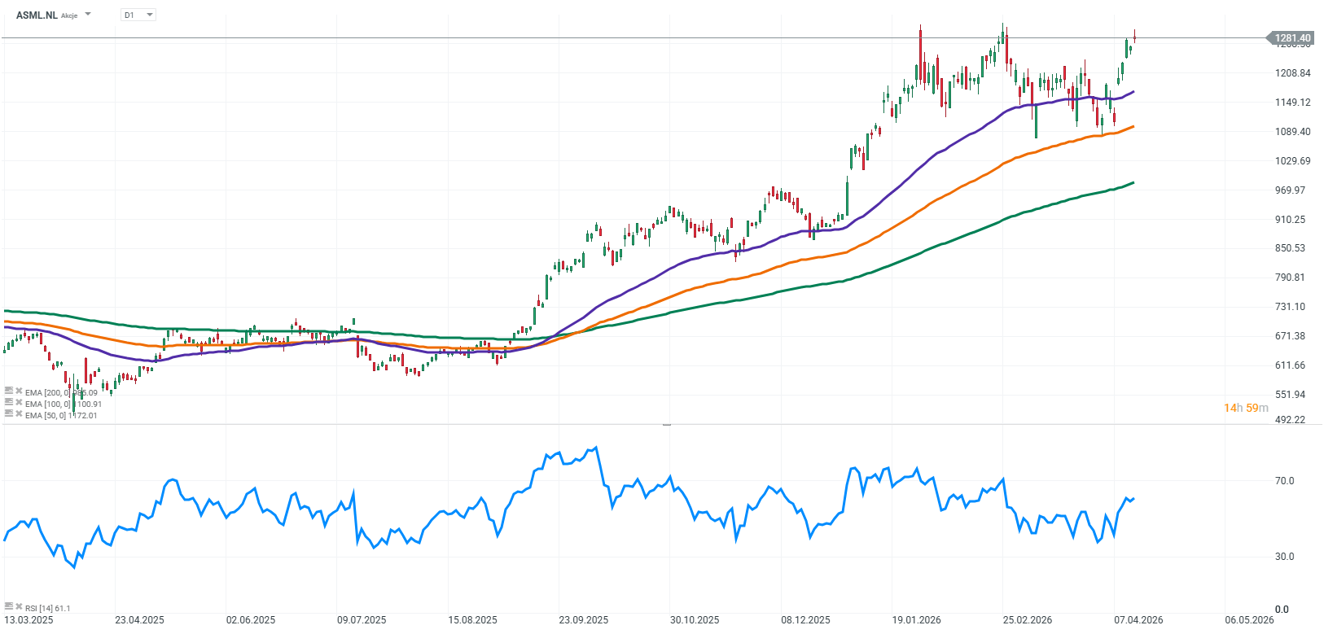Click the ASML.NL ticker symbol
pos(37,15)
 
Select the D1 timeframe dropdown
pos(138,15)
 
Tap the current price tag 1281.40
pos(1292,38)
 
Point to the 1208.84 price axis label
pos(1292,73)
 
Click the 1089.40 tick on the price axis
pos(1292,132)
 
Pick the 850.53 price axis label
pos(1290,248)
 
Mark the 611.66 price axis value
pos(1290,365)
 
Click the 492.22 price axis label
pos(1290,420)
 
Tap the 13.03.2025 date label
pos(28,620)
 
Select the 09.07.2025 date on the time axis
pos(362,620)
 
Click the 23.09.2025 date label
pos(583,620)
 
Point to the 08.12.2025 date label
pos(805,620)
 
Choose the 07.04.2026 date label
pos(1138,620)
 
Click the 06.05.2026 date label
pos(1249,620)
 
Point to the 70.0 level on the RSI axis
pos(1284,481)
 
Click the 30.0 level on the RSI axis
pos(1284,557)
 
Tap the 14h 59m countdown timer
pos(1246,408)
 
